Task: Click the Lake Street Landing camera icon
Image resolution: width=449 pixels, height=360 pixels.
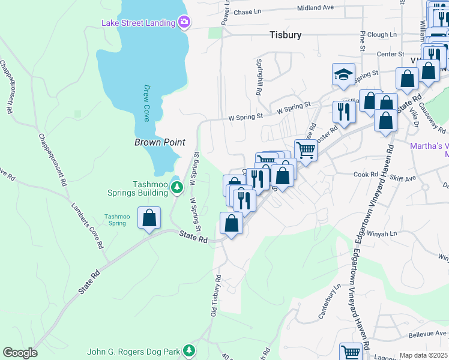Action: click(184, 23)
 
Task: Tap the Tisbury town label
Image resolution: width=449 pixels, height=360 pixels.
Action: click(285, 35)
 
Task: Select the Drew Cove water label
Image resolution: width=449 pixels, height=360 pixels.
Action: click(146, 103)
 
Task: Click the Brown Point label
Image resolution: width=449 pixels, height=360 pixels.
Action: click(159, 142)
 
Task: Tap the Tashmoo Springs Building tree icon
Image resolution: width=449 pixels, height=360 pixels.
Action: click(176, 188)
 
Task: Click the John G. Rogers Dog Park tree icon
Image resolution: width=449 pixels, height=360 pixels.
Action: click(190, 350)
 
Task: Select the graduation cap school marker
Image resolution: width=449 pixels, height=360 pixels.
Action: click(343, 75)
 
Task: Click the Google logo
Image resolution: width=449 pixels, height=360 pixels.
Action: click(20, 353)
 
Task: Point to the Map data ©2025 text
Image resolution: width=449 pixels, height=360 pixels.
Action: click(424, 355)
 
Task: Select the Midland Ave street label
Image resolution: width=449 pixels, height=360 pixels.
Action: click(316, 8)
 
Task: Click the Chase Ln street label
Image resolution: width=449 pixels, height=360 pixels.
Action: click(248, 11)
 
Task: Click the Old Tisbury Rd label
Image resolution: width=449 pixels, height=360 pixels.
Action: click(215, 296)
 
